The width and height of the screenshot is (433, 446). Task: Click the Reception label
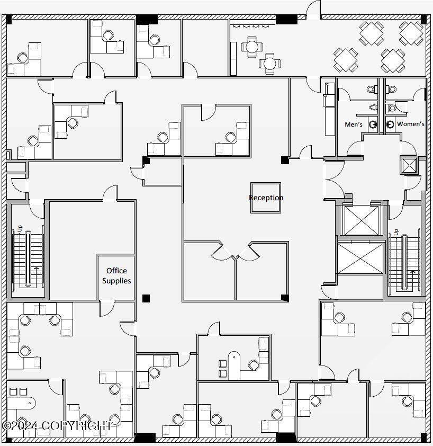point(266,198)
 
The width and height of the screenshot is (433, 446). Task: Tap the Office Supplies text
point(116,275)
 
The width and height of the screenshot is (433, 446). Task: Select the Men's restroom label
point(354,124)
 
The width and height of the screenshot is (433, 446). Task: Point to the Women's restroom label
point(410,124)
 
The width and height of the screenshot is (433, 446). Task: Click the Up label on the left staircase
point(20,228)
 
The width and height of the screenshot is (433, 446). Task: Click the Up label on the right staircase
point(396,233)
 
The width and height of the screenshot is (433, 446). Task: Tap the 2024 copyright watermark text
point(57,425)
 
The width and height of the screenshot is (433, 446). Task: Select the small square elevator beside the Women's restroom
point(409,165)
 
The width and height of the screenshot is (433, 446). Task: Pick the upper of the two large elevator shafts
point(362,219)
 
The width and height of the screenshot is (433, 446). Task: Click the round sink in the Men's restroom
point(373,124)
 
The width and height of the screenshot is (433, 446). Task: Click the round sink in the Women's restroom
point(390,124)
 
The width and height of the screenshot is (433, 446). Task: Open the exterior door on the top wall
point(313,11)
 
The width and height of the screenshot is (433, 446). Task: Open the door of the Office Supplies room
point(107,307)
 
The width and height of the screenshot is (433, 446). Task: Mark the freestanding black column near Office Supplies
point(146,298)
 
